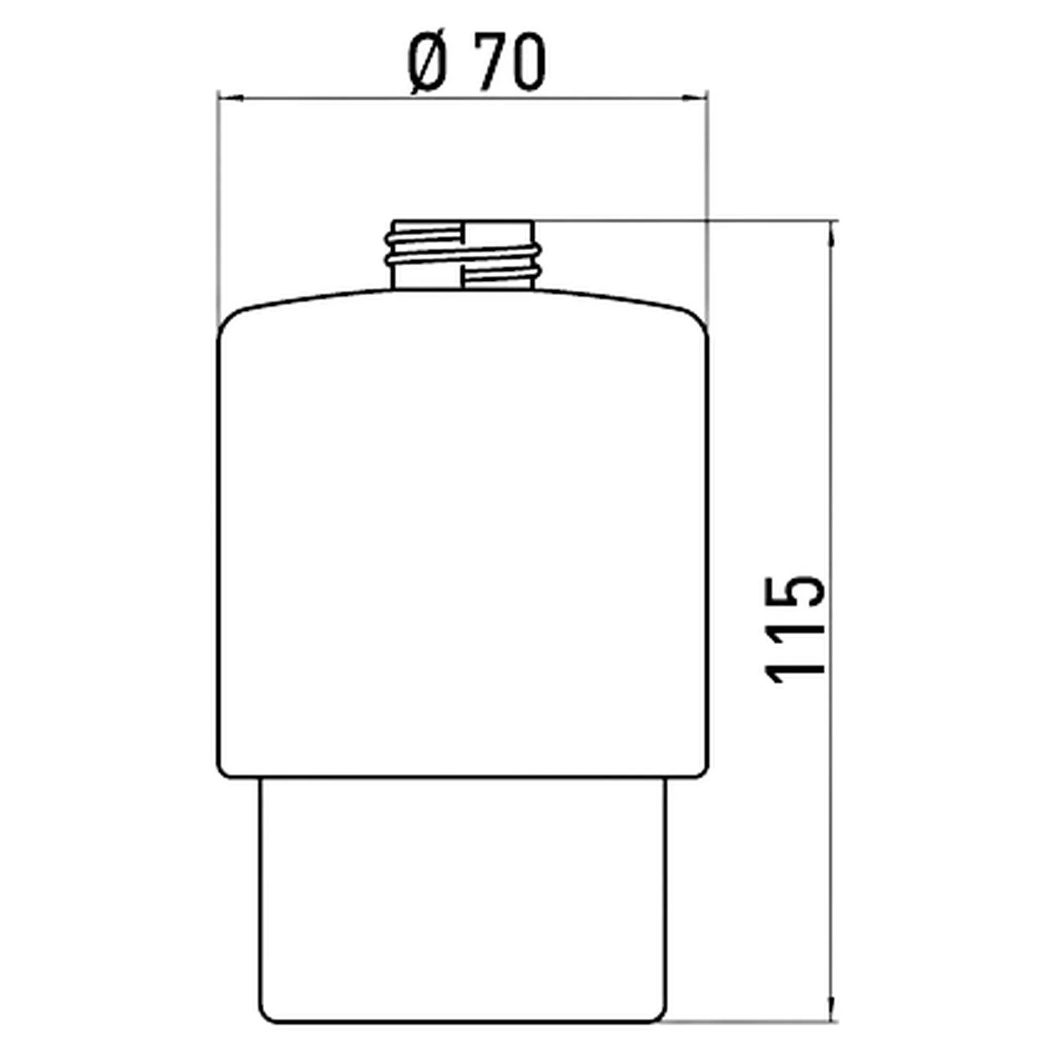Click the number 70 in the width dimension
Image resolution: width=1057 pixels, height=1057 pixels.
coord(512,62)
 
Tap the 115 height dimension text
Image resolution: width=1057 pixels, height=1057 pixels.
coord(795,630)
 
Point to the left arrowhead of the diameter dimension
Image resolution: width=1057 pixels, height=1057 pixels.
coord(230,99)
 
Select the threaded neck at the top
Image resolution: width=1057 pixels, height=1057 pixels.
coord(463,255)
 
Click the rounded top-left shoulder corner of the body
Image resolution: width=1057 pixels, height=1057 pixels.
coord(230,321)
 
